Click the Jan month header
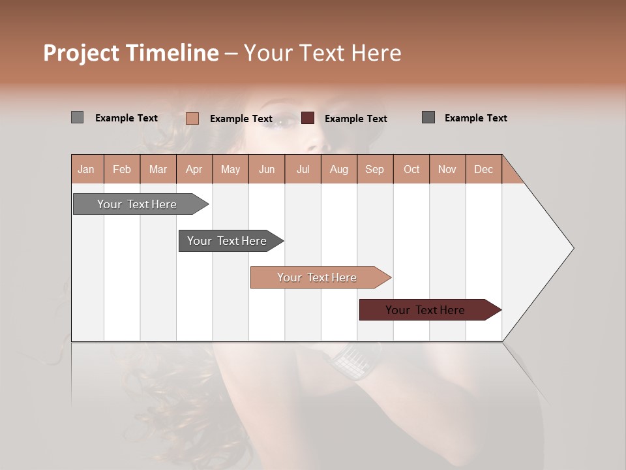click(x=86, y=169)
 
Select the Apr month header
click(x=194, y=169)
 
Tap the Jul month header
click(x=303, y=169)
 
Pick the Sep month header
click(x=374, y=169)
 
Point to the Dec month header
click(x=483, y=169)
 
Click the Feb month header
click(x=122, y=169)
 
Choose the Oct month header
click(x=411, y=169)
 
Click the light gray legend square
click(x=77, y=117)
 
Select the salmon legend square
click(x=192, y=118)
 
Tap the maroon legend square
click(x=308, y=117)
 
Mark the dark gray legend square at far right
click(x=428, y=117)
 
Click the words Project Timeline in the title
click(x=130, y=53)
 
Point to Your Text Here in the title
click(x=322, y=53)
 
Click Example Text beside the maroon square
click(x=355, y=118)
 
